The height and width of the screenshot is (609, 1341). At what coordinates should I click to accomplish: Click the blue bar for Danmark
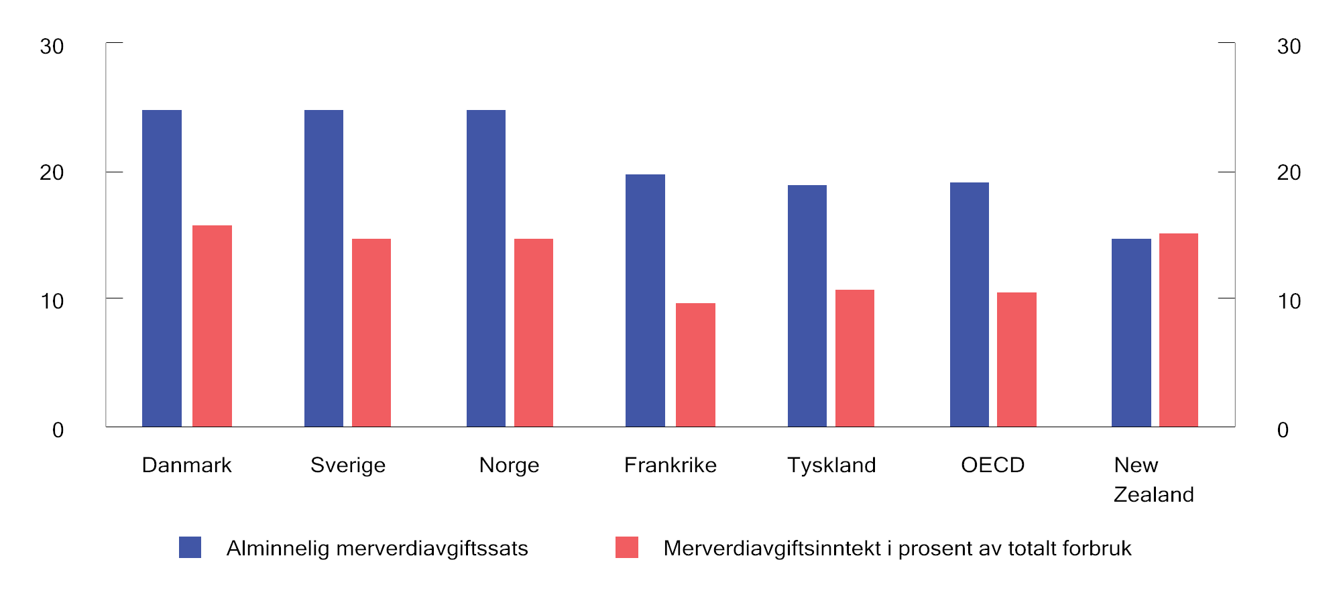coord(162,268)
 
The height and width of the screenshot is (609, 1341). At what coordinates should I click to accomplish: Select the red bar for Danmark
coord(212,326)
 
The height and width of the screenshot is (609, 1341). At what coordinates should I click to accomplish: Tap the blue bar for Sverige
coord(324,268)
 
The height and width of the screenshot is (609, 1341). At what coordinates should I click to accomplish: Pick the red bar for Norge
coord(534,333)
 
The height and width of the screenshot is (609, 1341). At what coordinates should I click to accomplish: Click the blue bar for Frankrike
coord(645,300)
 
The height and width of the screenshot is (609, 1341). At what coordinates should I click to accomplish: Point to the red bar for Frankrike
coord(695,365)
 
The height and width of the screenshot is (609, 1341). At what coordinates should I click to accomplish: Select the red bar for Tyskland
coord(855,358)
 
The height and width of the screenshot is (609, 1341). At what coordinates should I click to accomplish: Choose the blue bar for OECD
coord(970,304)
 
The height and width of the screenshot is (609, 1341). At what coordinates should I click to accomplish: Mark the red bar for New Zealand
coord(1179,330)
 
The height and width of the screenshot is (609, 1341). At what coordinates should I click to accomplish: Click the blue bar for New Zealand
coord(1131,333)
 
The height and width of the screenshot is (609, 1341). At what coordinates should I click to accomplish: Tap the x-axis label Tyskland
coord(831,465)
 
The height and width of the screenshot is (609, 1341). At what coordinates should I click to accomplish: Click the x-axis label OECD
coord(992,465)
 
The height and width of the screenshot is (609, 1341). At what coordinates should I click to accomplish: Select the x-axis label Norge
coord(509,465)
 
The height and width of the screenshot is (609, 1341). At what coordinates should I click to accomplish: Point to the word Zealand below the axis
coord(1153,494)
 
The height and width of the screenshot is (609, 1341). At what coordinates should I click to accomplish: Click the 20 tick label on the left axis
coord(52,172)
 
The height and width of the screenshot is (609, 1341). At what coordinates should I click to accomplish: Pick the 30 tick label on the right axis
coord(1289,46)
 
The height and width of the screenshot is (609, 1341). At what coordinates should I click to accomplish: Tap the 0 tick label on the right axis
coord(1283,430)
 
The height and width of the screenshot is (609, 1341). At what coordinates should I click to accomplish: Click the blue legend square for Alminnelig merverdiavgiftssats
coord(190,547)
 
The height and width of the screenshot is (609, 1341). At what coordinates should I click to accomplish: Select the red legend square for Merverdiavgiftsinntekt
coord(627,547)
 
